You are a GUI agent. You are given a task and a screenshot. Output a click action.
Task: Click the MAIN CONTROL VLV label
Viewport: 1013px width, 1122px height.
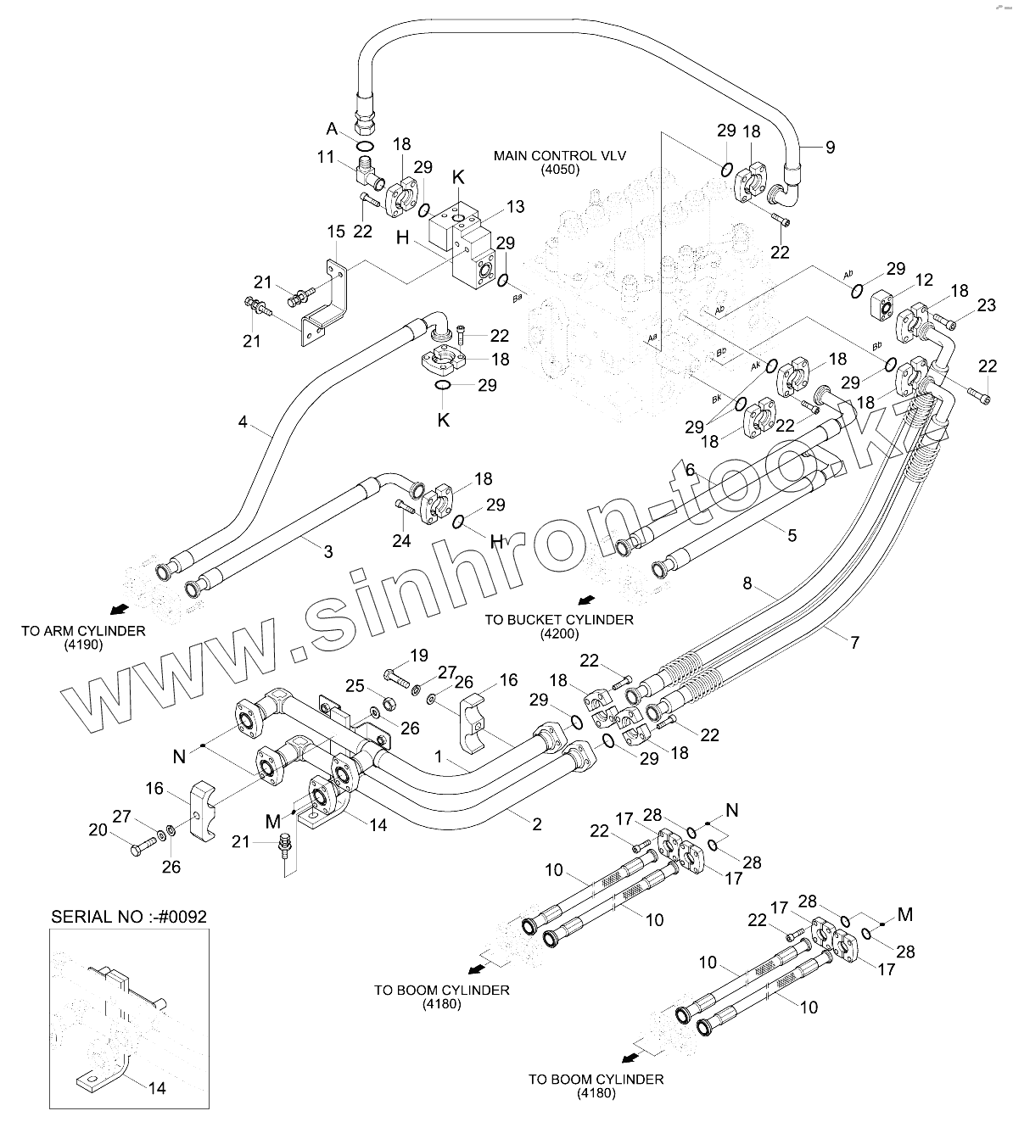click(x=547, y=156)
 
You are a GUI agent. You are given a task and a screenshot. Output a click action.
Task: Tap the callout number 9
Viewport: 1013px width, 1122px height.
click(x=830, y=148)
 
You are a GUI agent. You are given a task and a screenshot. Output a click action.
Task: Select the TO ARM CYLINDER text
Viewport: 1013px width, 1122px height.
click(x=83, y=631)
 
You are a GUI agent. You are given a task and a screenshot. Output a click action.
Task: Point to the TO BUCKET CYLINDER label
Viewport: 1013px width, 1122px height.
click(x=558, y=620)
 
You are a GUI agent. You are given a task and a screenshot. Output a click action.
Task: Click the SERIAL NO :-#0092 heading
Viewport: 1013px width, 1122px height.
click(x=129, y=917)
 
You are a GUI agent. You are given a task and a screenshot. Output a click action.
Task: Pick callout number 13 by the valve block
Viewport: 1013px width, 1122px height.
click(x=516, y=207)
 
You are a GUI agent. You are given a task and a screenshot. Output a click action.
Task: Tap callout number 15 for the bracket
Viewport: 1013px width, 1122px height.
click(x=336, y=232)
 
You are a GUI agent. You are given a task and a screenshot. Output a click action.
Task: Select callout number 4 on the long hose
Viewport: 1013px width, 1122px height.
click(x=243, y=421)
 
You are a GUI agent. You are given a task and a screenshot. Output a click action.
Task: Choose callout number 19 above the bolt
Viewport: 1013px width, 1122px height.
click(x=419, y=655)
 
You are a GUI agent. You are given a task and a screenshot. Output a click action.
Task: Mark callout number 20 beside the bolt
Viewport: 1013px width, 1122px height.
click(x=99, y=830)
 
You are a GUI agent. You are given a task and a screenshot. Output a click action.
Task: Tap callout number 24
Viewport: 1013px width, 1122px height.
click(x=401, y=540)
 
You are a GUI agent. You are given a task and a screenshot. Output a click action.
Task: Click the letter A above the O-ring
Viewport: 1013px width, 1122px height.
click(x=332, y=129)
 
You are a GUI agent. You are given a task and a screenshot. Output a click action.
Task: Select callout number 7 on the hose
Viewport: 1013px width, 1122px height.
click(x=854, y=642)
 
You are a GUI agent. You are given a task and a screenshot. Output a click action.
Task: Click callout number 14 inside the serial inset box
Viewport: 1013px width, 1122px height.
click(x=157, y=1088)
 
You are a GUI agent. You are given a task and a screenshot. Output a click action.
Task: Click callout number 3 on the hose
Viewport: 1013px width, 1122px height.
click(x=327, y=552)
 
